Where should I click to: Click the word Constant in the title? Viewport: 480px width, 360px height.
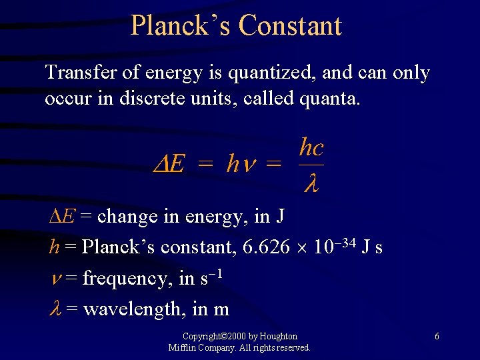[290, 26]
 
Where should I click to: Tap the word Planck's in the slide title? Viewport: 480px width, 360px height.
[181, 26]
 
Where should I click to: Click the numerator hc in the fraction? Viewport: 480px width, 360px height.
[311, 147]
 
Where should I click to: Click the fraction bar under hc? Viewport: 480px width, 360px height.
[311, 164]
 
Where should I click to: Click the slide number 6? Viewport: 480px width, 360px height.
[437, 337]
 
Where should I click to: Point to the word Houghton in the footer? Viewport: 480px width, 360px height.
[277, 337]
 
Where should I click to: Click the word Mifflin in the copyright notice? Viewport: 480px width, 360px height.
[182, 347]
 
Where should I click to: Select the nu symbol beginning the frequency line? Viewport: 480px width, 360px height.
[54, 279]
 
